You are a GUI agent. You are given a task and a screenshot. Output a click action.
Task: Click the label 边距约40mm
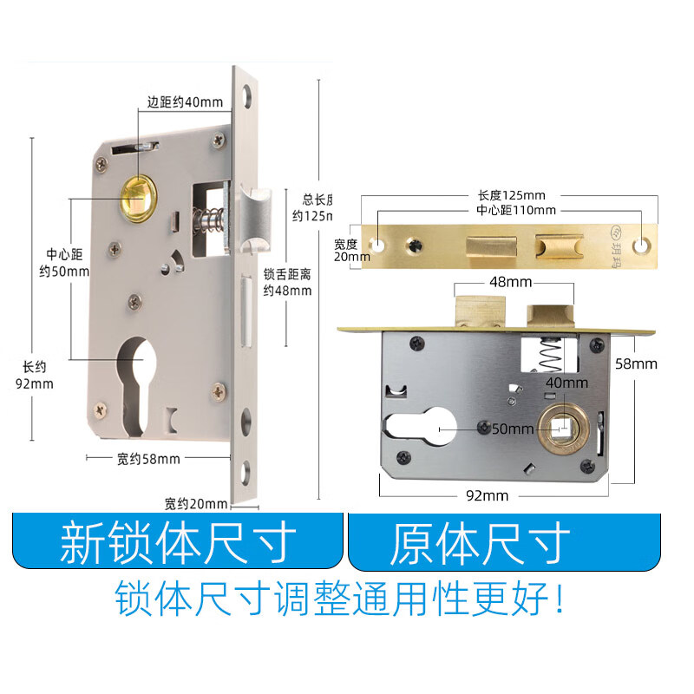pyautogui.click(x=185, y=101)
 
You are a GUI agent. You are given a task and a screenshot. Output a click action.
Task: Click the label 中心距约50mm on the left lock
pyautogui.click(x=67, y=263)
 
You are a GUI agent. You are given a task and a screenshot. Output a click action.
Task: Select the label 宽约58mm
pyautogui.click(x=148, y=458)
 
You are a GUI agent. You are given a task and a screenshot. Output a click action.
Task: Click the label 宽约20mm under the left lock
pyautogui.click(x=196, y=503)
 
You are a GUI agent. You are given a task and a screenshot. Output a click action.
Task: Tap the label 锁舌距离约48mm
pyautogui.click(x=287, y=282)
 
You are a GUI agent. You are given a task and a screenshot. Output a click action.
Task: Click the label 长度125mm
pyautogui.click(x=511, y=195)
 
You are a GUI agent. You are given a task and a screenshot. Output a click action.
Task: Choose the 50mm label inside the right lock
pyautogui.click(x=512, y=429)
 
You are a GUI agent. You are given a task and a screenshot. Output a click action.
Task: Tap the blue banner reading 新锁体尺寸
pyautogui.click(x=178, y=544)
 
